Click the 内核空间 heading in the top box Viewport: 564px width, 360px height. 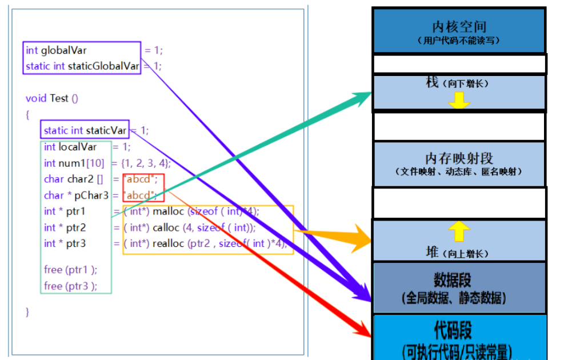tap(459, 26)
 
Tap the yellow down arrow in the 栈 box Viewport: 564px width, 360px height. tap(459, 99)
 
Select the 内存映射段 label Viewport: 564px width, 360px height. tap(459, 158)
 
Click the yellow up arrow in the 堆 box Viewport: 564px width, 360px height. tap(459, 232)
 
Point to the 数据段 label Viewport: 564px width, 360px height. tap(453, 280)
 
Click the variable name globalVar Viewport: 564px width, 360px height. tap(63, 50)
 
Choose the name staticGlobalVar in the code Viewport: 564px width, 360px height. tap(103, 66)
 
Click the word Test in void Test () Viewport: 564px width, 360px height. tap(59, 98)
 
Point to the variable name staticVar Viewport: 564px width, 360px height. tap(106, 130)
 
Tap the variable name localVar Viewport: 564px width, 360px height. tap(78, 147)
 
